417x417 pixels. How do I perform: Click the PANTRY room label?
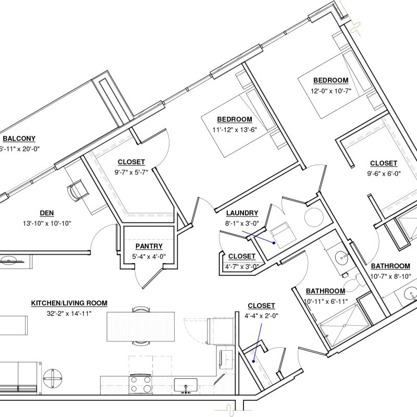[149, 246]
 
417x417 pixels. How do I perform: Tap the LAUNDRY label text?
[242, 213]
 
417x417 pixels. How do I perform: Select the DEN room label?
[47, 213]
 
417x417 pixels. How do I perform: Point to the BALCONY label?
[19, 139]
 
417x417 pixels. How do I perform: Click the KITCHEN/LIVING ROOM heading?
[69, 303]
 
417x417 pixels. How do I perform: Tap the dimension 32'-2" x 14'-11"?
[69, 314]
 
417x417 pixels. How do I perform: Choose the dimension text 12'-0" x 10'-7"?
[331, 91]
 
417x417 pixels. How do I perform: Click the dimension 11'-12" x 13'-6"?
[235, 129]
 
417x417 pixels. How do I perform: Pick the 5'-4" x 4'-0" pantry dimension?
[149, 256]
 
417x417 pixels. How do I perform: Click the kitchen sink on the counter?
[186, 385]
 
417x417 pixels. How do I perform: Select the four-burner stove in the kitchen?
[141, 385]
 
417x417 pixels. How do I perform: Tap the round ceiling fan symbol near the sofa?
[53, 378]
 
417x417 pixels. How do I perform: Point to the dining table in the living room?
[141, 327]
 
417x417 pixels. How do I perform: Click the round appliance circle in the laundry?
[314, 217]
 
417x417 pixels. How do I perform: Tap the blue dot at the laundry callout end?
[274, 243]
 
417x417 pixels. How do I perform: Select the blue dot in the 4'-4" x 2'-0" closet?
[253, 361]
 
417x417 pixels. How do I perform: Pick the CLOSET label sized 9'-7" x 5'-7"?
[131, 162]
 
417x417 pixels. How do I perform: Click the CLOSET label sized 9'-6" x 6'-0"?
[384, 163]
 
